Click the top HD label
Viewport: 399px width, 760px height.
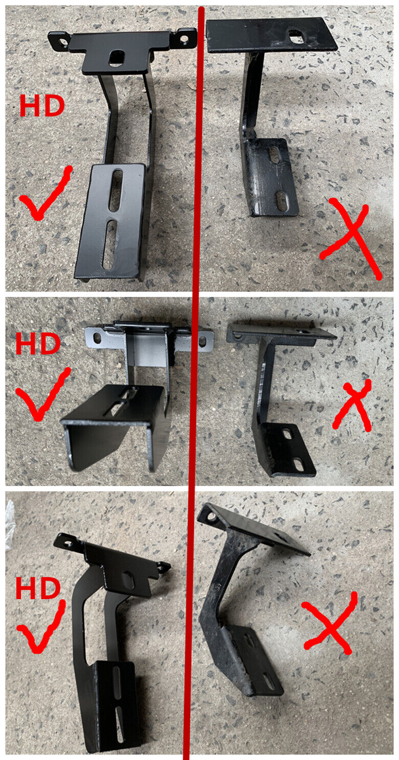[42, 106]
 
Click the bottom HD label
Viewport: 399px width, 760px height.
[38, 589]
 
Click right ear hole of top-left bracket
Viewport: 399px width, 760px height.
[184, 39]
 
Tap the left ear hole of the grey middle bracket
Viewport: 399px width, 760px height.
[97, 337]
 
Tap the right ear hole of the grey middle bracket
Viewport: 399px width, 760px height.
[202, 340]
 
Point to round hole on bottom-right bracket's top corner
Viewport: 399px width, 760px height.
[213, 518]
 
